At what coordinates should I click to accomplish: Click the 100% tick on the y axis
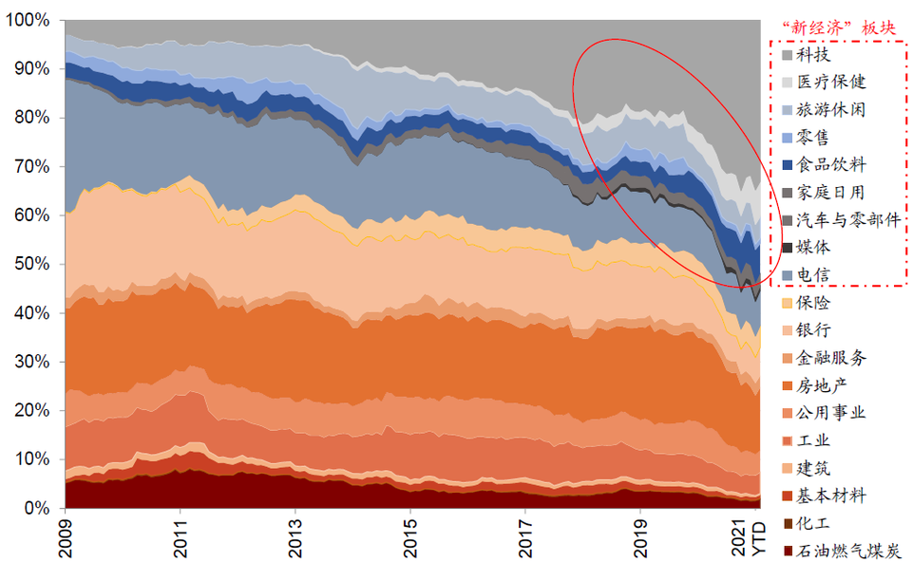point(33,20)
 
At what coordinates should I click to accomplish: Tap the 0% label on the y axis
point(41,508)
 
